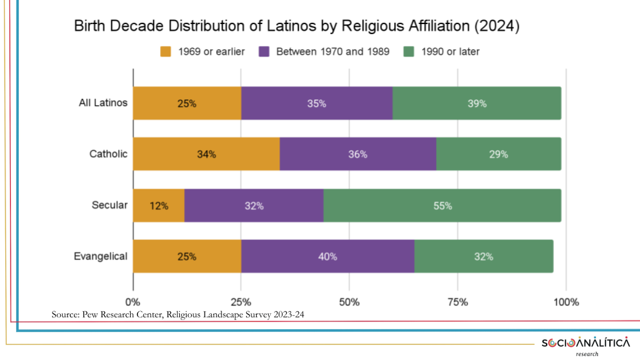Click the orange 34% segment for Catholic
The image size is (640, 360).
pos(206,154)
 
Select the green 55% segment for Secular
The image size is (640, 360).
pos(442,205)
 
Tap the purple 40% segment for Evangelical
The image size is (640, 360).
pos(327,256)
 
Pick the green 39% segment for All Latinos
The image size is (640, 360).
pos(477,103)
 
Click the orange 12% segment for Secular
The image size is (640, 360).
pos(159,205)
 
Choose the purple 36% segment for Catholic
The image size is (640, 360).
pos(357,154)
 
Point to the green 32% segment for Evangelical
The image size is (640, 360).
pos(483,256)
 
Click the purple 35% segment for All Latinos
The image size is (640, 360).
pos(317,103)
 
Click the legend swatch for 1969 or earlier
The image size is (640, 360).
pos(166,51)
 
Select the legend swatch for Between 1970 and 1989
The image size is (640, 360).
pos(265,51)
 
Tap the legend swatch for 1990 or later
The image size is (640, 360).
pos(409,51)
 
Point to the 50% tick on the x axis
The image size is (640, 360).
pos(349,301)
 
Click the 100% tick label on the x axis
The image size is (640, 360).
pos(566,301)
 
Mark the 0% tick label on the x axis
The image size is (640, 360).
pos(133,301)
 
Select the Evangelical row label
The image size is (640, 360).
pos(100,256)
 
